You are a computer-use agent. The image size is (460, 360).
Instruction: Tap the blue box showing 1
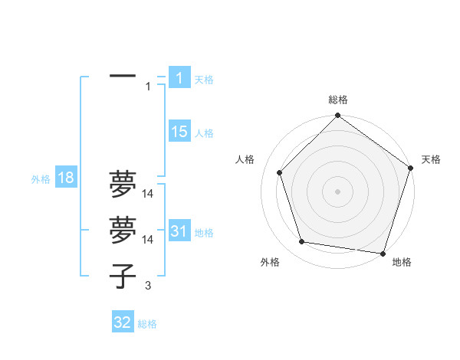pyautogui.click(x=179, y=77)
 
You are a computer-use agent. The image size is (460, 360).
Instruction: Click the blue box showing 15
pyautogui.click(x=179, y=132)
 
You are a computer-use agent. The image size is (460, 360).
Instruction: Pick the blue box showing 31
pyautogui.click(x=179, y=231)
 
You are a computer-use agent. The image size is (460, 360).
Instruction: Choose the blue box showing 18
pyautogui.click(x=65, y=178)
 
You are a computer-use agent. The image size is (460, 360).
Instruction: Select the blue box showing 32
pyautogui.click(x=123, y=322)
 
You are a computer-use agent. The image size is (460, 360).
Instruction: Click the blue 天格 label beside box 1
pyautogui.click(x=204, y=79)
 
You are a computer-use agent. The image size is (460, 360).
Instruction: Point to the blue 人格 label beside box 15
pyautogui.click(x=204, y=133)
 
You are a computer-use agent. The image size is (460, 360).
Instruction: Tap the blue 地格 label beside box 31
pyautogui.click(x=204, y=233)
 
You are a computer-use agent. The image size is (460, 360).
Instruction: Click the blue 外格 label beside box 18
pyautogui.click(x=41, y=179)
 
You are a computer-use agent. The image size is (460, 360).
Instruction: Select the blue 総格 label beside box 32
pyautogui.click(x=147, y=324)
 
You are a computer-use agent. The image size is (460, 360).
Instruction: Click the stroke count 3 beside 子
pyautogui.click(x=147, y=286)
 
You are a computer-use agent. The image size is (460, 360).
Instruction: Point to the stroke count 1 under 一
pyautogui.click(x=148, y=87)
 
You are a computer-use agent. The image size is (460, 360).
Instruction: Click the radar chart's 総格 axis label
pyautogui.click(x=338, y=100)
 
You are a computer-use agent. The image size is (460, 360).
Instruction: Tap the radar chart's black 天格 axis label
pyautogui.click(x=432, y=159)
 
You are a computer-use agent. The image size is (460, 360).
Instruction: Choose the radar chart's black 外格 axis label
pyautogui.click(x=270, y=262)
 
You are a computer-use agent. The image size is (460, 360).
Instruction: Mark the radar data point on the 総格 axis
pyautogui.click(x=338, y=116)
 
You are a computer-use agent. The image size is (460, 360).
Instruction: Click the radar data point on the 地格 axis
pyautogui.click(x=383, y=252)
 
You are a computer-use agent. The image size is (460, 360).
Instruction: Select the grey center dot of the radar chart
pyautogui.click(x=338, y=191)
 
